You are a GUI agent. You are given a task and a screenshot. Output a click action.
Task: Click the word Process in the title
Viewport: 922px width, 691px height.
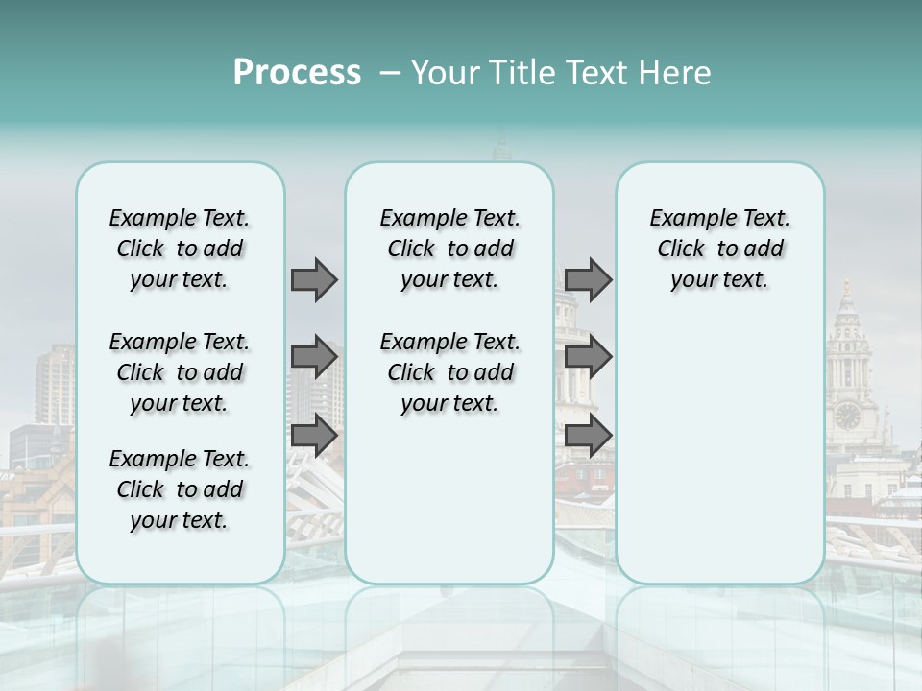(297, 73)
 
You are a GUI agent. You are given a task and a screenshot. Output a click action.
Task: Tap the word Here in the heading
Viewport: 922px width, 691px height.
(677, 73)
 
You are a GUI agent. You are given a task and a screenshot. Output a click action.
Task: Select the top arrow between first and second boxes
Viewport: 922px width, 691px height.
(314, 280)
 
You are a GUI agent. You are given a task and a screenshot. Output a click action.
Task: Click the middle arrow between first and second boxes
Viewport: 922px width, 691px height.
(314, 357)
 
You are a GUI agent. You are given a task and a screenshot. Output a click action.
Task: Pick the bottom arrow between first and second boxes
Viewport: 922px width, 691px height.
(314, 435)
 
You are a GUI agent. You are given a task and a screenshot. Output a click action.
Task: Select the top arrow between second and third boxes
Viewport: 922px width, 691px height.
(589, 280)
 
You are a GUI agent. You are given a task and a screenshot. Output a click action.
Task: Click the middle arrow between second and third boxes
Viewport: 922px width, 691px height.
(589, 357)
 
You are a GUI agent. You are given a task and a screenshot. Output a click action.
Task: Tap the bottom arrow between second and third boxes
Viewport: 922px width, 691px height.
(589, 435)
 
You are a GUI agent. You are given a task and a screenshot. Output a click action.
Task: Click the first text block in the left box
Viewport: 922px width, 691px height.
(180, 249)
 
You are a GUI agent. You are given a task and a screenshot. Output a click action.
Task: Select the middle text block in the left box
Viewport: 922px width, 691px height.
(180, 372)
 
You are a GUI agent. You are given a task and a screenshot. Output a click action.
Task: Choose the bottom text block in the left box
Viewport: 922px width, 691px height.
(180, 489)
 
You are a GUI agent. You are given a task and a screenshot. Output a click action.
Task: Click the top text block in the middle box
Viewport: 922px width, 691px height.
(450, 249)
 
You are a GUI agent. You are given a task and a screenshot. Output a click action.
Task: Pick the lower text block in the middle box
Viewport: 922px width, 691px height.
(450, 372)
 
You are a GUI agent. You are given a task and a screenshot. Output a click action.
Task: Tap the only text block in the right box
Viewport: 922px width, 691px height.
(720, 249)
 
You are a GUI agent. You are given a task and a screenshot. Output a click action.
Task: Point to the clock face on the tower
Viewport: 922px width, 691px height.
(848, 416)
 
